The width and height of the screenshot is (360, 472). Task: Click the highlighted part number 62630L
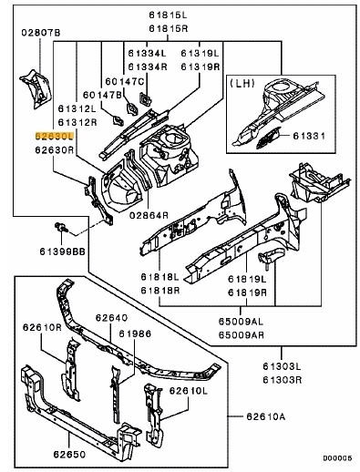pyautogui.click(x=54, y=133)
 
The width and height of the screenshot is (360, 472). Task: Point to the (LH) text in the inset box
pyautogui.click(x=246, y=83)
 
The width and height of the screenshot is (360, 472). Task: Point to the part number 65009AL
pyautogui.click(x=242, y=322)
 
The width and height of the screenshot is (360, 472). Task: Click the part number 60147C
pyautogui.click(x=129, y=80)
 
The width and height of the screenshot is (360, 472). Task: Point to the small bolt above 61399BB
pyautogui.click(x=60, y=224)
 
